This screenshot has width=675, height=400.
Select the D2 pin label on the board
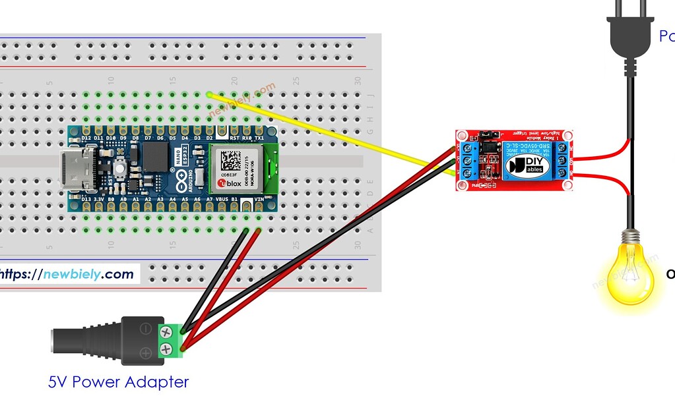[209, 138]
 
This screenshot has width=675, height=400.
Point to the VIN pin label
[259, 198]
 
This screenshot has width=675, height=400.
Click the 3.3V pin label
[98, 198]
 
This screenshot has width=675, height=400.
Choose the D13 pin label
[85, 198]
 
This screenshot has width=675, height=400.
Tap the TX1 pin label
[259, 138]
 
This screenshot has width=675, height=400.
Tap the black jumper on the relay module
[489, 140]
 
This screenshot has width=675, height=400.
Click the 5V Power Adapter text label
[118, 382]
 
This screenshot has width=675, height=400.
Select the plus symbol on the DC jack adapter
[146, 353]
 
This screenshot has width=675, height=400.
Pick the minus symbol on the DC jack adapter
[146, 328]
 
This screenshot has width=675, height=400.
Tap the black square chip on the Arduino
[156, 156]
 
